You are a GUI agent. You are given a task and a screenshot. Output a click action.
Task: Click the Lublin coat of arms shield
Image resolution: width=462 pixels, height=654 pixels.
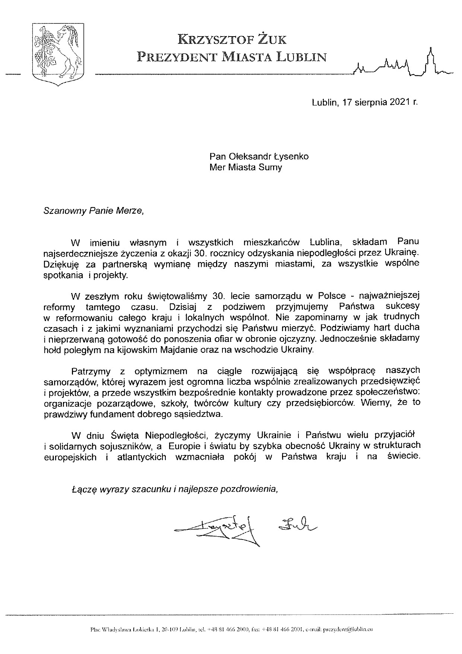coord(57,53)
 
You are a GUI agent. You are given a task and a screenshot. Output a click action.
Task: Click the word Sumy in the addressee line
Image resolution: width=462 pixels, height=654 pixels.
coord(272,167)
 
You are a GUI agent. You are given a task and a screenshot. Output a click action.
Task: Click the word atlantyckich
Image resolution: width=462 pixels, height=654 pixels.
coord(142,457)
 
